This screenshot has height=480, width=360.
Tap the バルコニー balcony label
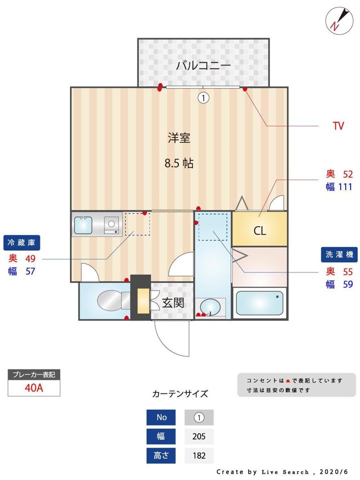[203, 65]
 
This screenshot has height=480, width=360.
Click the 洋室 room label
[178, 138]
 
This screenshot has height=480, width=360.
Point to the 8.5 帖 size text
[179, 163]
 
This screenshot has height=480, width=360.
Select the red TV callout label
[338, 126]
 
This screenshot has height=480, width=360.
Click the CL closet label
[259, 231]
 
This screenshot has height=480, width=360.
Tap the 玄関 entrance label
[173, 302]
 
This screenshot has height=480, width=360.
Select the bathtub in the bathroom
[259, 302]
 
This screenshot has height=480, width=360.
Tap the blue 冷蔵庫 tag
[21, 243]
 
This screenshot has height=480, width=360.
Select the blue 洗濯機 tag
[338, 254]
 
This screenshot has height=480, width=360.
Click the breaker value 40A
[34, 388]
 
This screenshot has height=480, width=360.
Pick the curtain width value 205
[199, 436]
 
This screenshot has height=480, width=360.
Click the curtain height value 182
[199, 455]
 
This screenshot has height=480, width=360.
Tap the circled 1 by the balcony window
[203, 98]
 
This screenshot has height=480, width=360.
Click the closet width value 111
[344, 187]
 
